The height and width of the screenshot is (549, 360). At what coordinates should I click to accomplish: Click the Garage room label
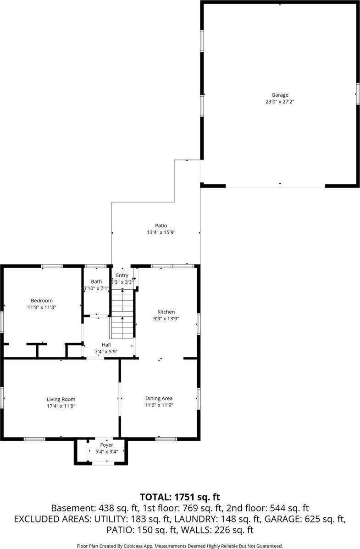279,95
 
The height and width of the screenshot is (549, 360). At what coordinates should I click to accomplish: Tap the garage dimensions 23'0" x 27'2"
279,102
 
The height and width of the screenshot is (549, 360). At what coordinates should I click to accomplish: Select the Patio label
161,225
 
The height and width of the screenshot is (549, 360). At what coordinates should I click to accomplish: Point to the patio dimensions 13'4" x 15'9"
161,232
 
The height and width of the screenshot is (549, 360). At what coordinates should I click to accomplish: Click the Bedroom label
42,301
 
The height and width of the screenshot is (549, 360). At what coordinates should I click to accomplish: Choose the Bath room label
96,281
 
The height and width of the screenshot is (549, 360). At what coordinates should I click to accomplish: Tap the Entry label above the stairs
122,275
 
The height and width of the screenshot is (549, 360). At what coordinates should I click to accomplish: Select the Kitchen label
166,312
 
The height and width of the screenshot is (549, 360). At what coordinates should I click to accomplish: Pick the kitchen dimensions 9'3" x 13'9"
166,318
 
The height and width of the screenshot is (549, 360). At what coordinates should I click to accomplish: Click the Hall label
106,345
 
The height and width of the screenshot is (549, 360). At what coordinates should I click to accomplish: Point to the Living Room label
61,399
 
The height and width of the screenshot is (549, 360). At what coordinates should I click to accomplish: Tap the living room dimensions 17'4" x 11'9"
61,406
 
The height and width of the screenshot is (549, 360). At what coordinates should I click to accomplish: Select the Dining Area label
159,398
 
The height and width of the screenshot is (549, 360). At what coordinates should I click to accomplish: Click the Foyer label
106,445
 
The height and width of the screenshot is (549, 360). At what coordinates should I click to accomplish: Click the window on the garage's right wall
358,93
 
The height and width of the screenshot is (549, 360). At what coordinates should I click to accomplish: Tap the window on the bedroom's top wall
52,266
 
